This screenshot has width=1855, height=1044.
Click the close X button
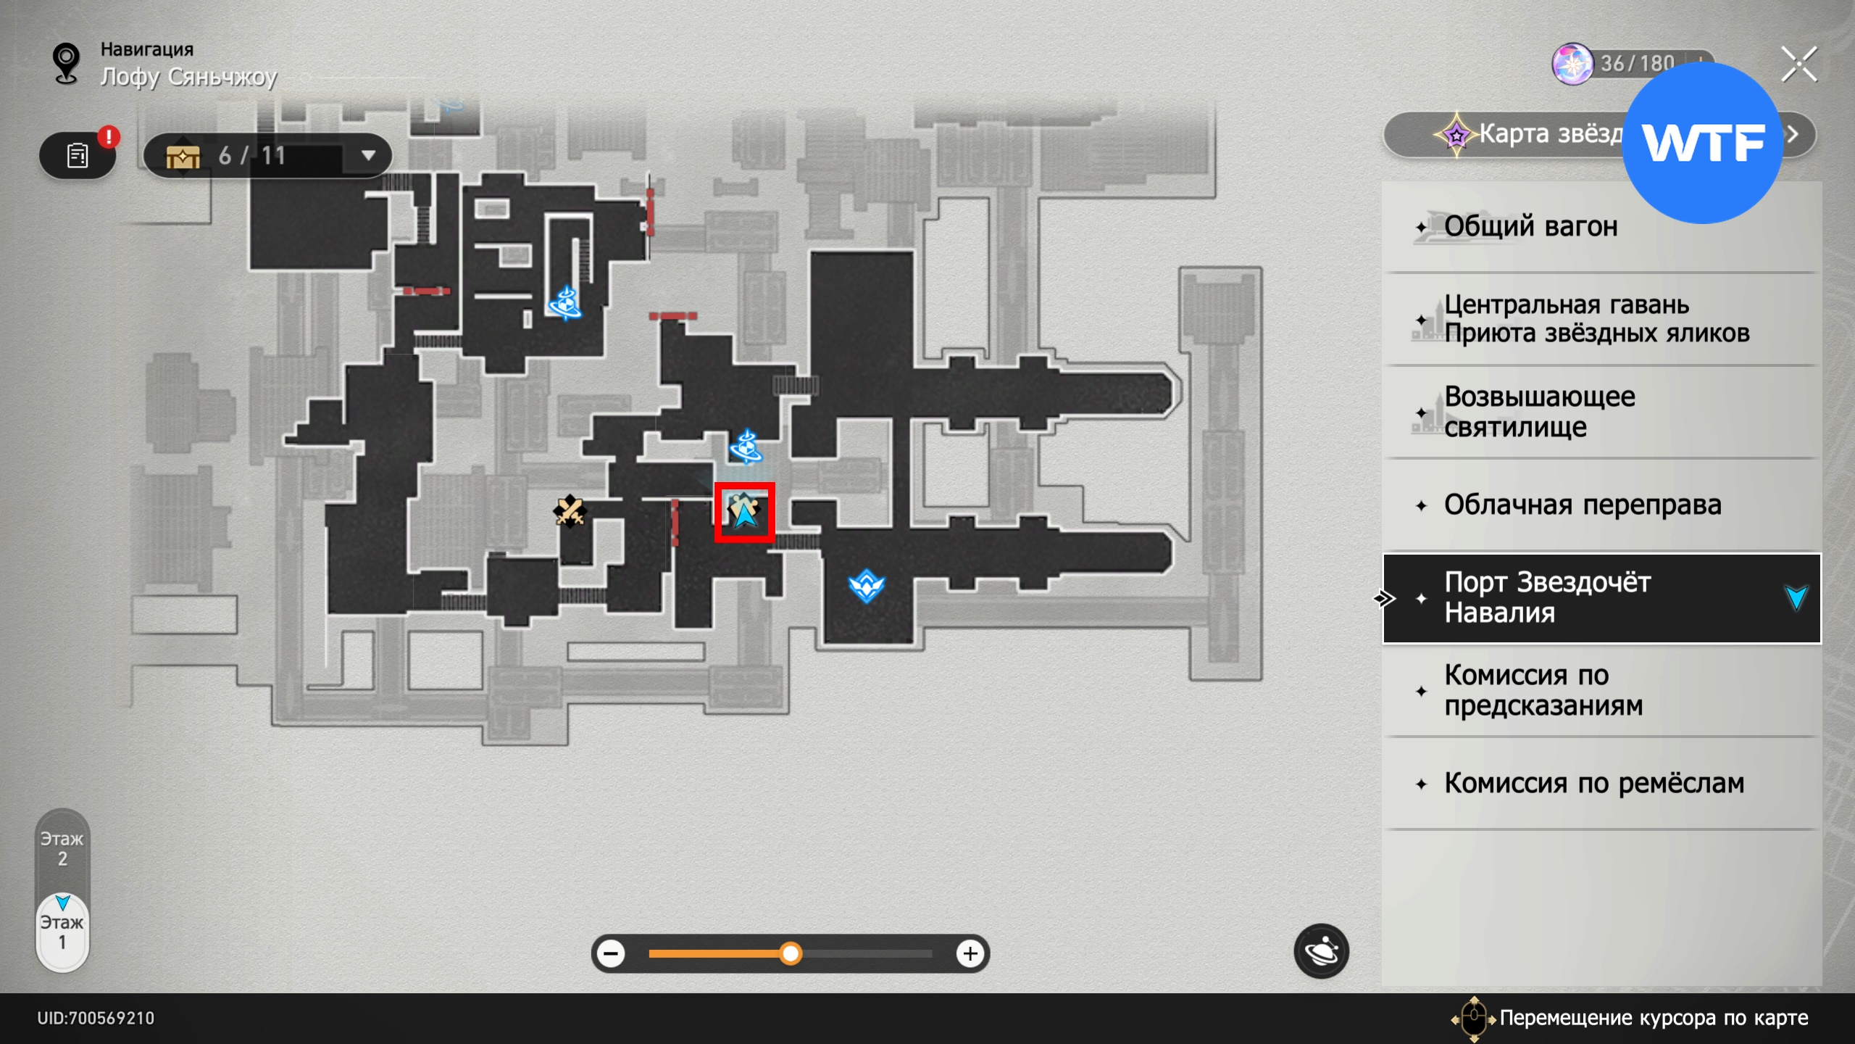(x=1798, y=65)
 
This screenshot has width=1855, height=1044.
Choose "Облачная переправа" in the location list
(x=1582, y=505)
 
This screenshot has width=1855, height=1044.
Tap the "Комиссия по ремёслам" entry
(x=1593, y=784)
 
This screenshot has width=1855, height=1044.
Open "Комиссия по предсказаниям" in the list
(x=1543, y=690)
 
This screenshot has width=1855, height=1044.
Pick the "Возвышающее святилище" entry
(x=1539, y=412)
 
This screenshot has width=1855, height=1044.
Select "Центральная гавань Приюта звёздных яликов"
(x=1596, y=319)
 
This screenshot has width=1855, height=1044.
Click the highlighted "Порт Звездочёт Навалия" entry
(x=1601, y=598)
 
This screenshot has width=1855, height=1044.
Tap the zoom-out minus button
(x=612, y=953)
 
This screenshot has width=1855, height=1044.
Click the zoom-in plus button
(x=970, y=953)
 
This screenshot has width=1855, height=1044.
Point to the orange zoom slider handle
(x=791, y=953)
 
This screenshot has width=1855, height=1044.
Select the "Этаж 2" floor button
(x=62, y=849)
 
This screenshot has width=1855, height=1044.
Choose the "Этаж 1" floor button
(x=62, y=932)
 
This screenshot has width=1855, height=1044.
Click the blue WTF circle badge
(x=1702, y=143)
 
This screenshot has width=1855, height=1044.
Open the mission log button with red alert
(x=78, y=155)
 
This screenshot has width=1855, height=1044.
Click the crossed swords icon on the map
(x=570, y=511)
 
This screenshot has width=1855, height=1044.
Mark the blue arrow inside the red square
(x=744, y=513)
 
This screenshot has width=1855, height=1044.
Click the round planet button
(x=1320, y=951)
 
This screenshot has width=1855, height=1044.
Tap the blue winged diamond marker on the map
(x=866, y=586)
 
